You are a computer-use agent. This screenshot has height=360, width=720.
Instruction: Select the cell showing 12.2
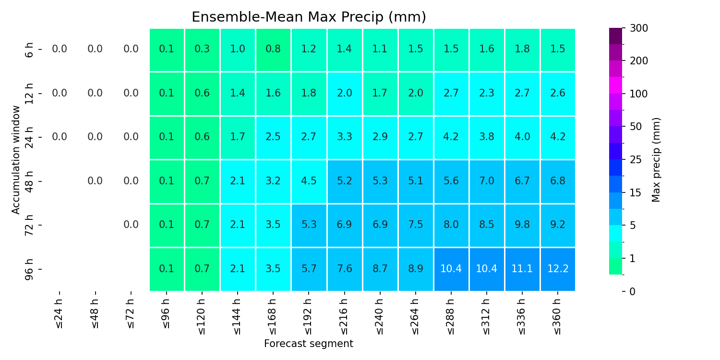558,269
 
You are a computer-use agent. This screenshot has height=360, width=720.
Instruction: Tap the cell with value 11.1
522,269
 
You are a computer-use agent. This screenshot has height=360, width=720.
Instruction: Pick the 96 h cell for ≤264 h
416,269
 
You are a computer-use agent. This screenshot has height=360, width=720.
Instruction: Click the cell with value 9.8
522,225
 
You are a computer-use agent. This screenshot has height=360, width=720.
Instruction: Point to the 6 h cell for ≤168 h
273,49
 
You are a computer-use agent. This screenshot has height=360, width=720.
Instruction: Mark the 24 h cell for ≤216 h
344,137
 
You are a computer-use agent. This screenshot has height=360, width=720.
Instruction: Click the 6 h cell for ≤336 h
522,49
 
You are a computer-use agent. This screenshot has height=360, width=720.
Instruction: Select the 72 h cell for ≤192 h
309,225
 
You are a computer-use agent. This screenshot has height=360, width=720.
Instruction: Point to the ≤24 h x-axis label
60,314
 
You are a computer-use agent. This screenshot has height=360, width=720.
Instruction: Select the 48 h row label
29,181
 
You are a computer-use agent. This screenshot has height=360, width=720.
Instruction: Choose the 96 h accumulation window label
29,269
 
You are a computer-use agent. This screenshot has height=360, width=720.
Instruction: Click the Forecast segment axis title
309,344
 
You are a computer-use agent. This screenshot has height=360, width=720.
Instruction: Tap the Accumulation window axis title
16,160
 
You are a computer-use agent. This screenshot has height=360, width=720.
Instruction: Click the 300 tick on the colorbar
639,28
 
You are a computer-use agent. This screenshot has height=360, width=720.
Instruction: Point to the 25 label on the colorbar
636,160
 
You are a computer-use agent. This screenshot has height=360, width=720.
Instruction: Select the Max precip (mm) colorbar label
656,160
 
